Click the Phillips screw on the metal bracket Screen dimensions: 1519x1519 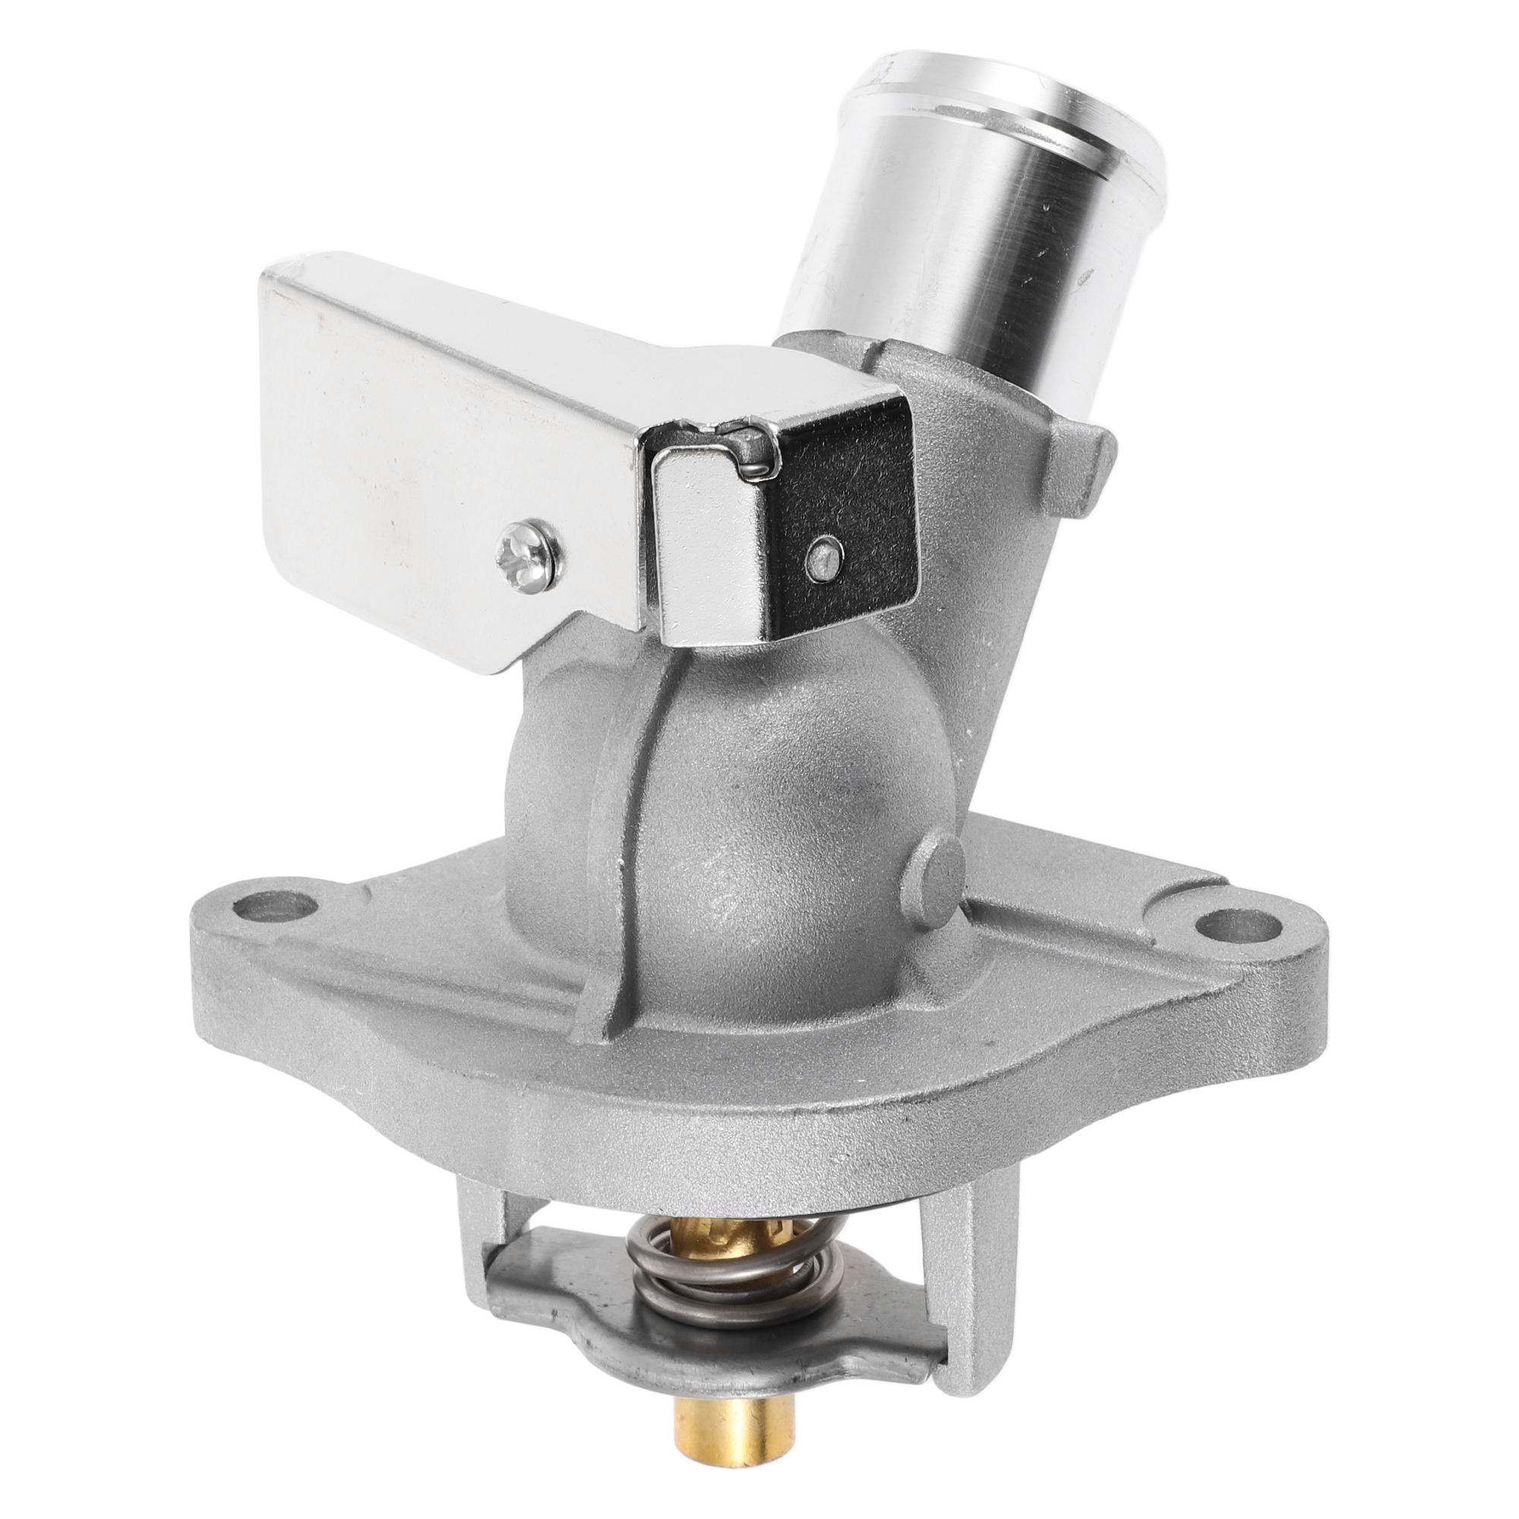(529, 554)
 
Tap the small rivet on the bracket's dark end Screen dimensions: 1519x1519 (822, 555)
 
